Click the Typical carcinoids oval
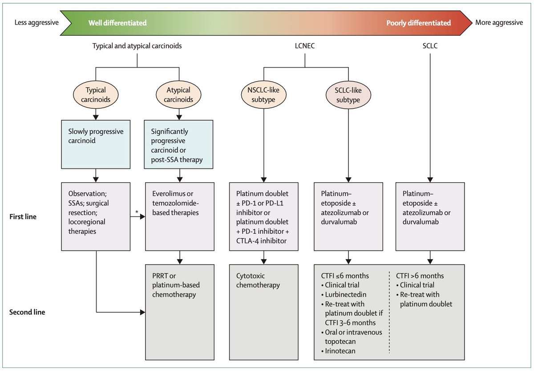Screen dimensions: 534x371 coord(96,95)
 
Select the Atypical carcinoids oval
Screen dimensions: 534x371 coord(178,95)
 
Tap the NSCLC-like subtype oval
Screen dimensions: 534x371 coord(263,95)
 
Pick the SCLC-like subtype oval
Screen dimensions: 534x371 coord(348,95)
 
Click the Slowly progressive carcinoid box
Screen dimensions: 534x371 coord(96,144)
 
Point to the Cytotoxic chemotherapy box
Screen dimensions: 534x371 coord(263,312)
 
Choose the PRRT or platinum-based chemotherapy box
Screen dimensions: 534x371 coord(180,312)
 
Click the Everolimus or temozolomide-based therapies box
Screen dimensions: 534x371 coord(180,216)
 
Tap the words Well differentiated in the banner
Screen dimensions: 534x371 coord(117,23)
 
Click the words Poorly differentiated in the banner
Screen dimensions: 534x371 coord(419,23)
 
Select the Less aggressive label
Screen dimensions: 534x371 coord(36,23)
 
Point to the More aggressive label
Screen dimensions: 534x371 coord(499,23)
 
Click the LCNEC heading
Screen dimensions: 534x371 coord(305,46)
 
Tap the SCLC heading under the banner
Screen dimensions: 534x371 coord(430,46)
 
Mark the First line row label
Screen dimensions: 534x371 coord(23,216)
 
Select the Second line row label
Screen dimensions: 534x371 coord(27,312)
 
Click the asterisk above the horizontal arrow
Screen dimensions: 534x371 coord(137,212)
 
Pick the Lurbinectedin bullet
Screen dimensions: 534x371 coord(344,294)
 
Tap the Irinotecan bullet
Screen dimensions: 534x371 coord(338,351)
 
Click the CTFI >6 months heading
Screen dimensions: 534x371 coord(420,276)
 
